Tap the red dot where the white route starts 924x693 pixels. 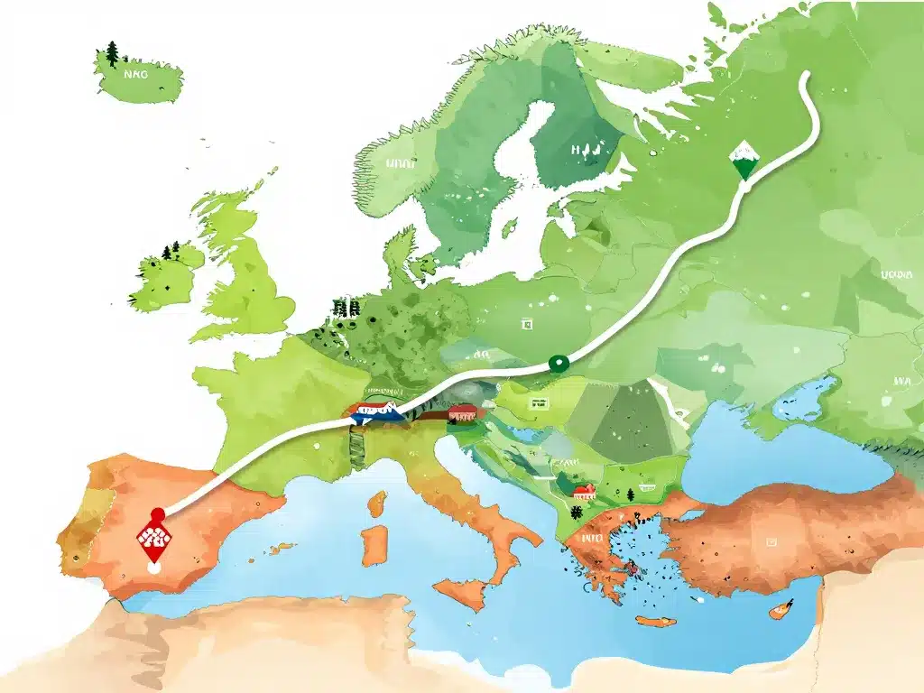[159, 513]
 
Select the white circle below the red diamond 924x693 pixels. [154, 568]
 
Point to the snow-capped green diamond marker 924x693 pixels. [744, 162]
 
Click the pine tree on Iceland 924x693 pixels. [112, 54]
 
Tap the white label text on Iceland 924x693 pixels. [134, 77]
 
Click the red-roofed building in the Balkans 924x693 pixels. [584, 492]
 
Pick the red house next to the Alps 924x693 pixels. [462, 413]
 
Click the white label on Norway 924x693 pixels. [397, 165]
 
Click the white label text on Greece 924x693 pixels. [591, 539]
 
